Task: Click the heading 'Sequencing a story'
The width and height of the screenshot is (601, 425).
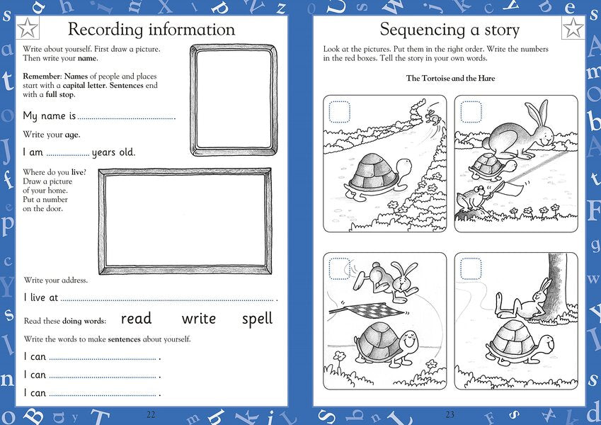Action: [449, 30]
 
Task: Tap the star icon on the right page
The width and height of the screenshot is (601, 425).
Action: [572, 29]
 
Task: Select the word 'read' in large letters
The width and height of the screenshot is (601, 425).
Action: [136, 319]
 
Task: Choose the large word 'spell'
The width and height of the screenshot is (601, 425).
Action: [257, 319]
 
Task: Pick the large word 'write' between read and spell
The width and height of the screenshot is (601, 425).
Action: [198, 319]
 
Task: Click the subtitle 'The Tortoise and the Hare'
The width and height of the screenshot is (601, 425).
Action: [450, 78]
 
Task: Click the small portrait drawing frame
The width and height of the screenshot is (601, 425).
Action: [234, 100]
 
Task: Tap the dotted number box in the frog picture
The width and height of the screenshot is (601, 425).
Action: [471, 112]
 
